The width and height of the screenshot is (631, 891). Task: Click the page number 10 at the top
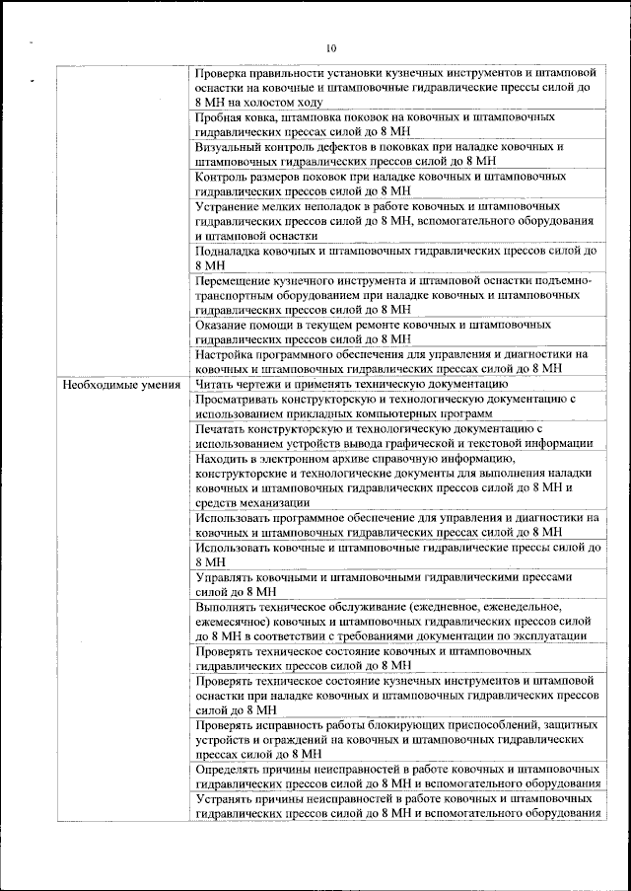coord(330,48)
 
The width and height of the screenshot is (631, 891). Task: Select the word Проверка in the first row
coord(224,73)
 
